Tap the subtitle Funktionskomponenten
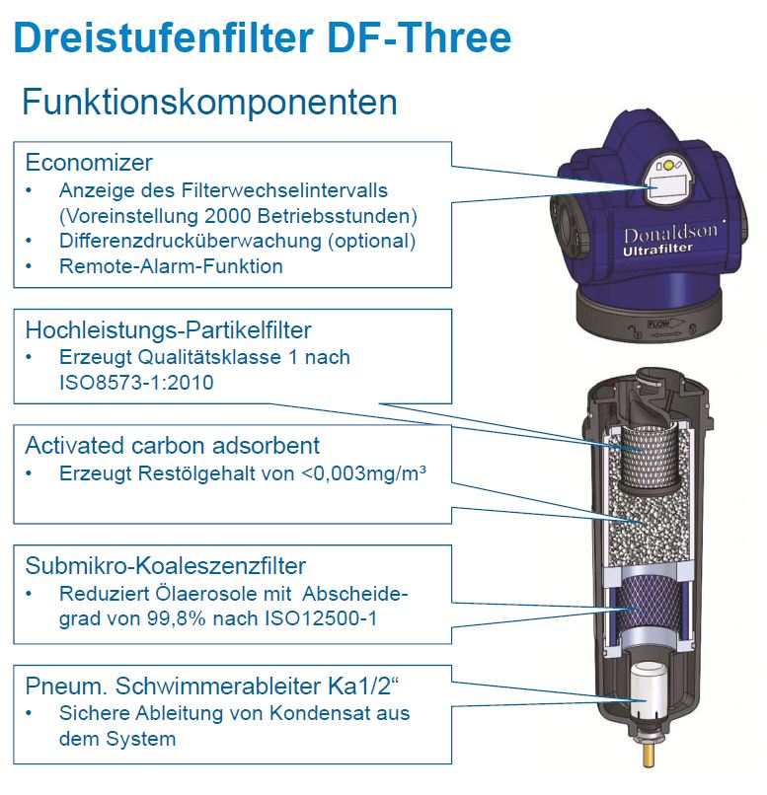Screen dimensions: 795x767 (x=209, y=102)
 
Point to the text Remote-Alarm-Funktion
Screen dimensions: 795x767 (x=171, y=265)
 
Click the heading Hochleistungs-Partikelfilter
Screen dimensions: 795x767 (x=168, y=329)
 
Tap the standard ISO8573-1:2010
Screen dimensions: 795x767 (x=136, y=382)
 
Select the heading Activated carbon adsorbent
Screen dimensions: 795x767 (x=173, y=446)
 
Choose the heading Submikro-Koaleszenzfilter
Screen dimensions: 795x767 (x=166, y=565)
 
